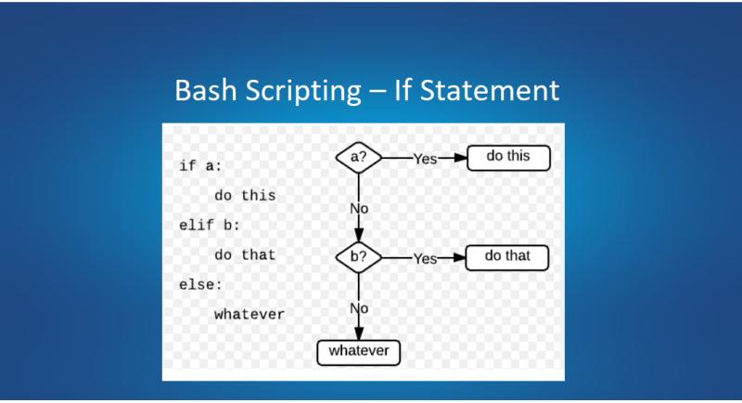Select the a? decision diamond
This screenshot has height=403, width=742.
(x=358, y=158)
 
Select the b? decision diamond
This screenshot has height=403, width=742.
(x=358, y=257)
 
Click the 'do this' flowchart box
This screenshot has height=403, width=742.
(x=508, y=157)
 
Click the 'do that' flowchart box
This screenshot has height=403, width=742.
(x=507, y=256)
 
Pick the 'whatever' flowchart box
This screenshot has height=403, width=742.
(x=359, y=352)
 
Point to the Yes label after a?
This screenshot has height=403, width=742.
(x=425, y=159)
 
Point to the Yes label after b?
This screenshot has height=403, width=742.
(x=425, y=258)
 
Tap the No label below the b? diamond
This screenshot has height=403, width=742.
(x=359, y=306)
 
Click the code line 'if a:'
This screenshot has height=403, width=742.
(x=201, y=166)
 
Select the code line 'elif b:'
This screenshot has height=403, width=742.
(x=209, y=225)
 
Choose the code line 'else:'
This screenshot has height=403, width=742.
(x=201, y=284)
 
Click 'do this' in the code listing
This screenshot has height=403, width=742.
(x=245, y=196)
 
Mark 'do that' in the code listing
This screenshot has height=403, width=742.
(x=245, y=254)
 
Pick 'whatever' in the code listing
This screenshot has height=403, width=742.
(x=249, y=314)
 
